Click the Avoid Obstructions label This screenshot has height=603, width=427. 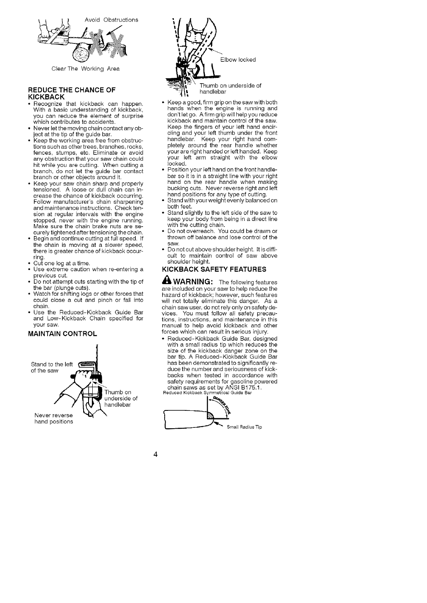tap(111, 19)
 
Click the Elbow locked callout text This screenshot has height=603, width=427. tap(238, 60)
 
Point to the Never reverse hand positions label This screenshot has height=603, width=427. tap(53, 418)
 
